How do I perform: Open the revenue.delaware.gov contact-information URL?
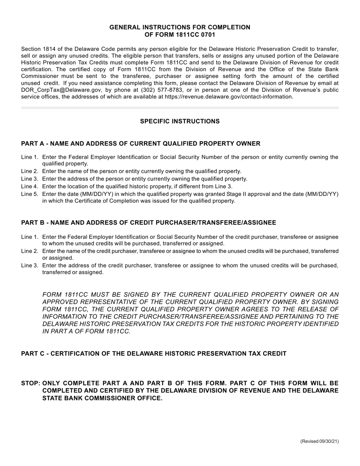[x=229, y=97]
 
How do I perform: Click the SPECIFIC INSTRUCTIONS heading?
[x=180, y=121]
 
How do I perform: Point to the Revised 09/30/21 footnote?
[x=319, y=441]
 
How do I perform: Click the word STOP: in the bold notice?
[x=31, y=383]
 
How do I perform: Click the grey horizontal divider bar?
[x=180, y=108]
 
